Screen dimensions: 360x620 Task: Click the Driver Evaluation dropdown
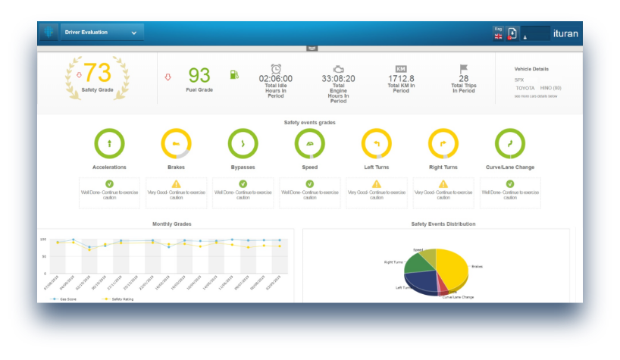[x=102, y=33]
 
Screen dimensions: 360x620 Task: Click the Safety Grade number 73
[x=97, y=73]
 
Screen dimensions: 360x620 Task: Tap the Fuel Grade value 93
[x=199, y=75]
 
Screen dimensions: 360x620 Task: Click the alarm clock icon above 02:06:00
[x=276, y=68]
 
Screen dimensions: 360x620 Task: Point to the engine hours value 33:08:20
[x=338, y=78]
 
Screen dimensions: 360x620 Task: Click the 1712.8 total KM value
[x=401, y=78]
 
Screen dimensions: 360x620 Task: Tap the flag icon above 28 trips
[x=463, y=69]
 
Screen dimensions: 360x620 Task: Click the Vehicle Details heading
[x=531, y=69]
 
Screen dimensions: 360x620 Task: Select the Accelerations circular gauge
[x=109, y=143]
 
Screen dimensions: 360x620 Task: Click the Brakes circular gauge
[x=176, y=143]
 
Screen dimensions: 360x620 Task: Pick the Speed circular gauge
[x=309, y=143]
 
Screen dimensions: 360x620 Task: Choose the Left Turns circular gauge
[x=376, y=143]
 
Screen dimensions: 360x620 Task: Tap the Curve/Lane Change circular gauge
[x=509, y=143]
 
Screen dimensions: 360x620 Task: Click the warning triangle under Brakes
[x=176, y=183]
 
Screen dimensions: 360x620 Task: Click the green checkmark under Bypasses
[x=243, y=183]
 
